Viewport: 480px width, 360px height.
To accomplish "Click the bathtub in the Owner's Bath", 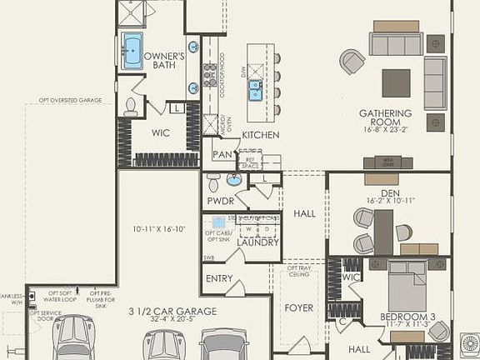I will pyautogui.click(x=133, y=49).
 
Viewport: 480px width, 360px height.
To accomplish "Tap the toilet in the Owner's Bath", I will pyautogui.click(x=131, y=106).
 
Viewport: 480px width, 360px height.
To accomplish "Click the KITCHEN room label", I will pyautogui.click(x=260, y=135).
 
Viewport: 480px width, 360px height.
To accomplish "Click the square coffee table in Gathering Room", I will pyautogui.click(x=396, y=82).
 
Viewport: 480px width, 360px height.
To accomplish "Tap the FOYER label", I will pyautogui.click(x=298, y=308).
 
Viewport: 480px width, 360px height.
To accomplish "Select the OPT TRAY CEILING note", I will pyautogui.click(x=298, y=272).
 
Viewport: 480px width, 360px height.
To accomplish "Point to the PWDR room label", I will pyautogui.click(x=221, y=201).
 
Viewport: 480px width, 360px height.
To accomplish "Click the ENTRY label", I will pyautogui.click(x=219, y=278).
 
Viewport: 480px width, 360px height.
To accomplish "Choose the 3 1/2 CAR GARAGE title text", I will pyautogui.click(x=172, y=311).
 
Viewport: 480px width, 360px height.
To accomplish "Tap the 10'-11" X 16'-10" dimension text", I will pyautogui.click(x=158, y=228).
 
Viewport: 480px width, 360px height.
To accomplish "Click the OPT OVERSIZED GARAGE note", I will pyautogui.click(x=70, y=100).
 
